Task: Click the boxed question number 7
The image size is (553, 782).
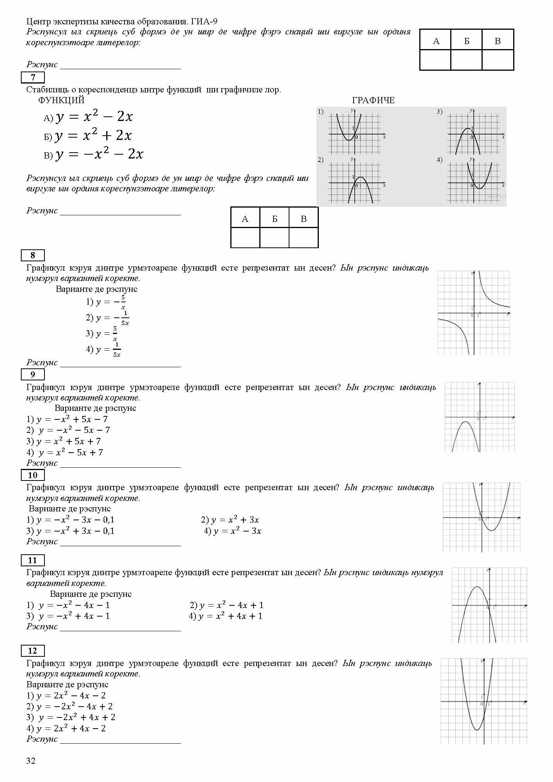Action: pyautogui.click(x=33, y=77)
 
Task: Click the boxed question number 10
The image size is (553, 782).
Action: pyautogui.click(x=33, y=475)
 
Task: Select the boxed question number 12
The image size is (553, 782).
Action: pyautogui.click(x=33, y=651)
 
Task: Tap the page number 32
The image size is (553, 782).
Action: pyautogui.click(x=31, y=761)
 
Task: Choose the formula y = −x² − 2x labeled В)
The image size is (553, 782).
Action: pyautogui.click(x=99, y=155)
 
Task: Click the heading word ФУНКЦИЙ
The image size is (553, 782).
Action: pyautogui.click(x=61, y=101)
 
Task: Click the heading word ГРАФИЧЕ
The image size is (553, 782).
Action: pyautogui.click(x=373, y=101)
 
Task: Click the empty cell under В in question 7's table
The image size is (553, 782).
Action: pyautogui.click(x=303, y=237)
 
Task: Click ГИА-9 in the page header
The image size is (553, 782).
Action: pyautogui.click(x=204, y=22)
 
